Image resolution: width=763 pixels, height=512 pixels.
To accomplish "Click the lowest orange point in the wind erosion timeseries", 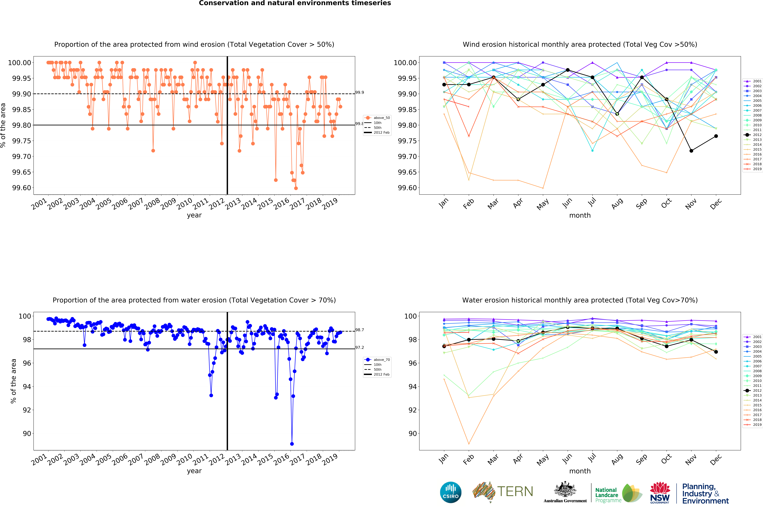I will (296, 188).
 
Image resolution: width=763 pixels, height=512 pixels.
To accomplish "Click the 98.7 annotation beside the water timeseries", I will (360, 330).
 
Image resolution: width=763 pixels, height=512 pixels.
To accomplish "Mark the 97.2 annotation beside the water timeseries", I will (360, 347).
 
